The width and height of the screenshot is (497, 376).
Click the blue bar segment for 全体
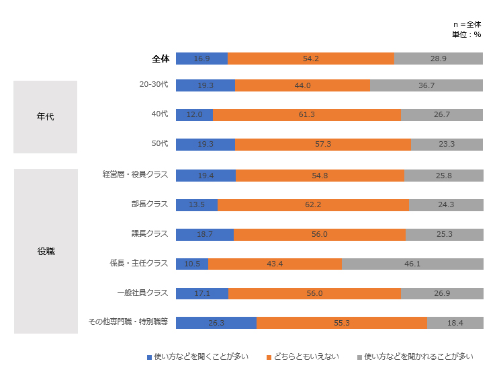point(201,59)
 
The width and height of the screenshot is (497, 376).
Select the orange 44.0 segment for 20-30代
point(302,85)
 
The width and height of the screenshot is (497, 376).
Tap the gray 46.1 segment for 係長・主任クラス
point(412,264)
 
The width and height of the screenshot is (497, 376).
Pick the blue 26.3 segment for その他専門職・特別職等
point(216,323)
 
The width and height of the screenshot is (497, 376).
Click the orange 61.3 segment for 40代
point(307,115)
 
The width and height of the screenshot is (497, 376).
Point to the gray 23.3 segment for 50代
point(447,145)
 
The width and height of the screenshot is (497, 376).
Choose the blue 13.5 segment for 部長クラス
point(197,204)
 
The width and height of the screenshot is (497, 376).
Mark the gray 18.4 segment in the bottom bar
point(455,323)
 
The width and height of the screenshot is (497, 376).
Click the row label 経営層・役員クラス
point(134,174)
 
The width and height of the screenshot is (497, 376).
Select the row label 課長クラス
point(149,233)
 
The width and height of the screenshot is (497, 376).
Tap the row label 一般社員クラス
point(142,293)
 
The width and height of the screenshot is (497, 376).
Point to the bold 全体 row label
point(160,59)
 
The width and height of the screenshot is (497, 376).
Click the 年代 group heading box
point(46,117)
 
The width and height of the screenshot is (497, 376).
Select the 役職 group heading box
point(46,252)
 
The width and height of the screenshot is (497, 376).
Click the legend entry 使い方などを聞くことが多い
point(201,356)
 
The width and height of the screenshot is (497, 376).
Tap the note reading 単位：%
point(467,34)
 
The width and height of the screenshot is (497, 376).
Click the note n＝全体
point(467,24)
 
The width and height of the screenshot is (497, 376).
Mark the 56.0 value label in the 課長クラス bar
point(319,234)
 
